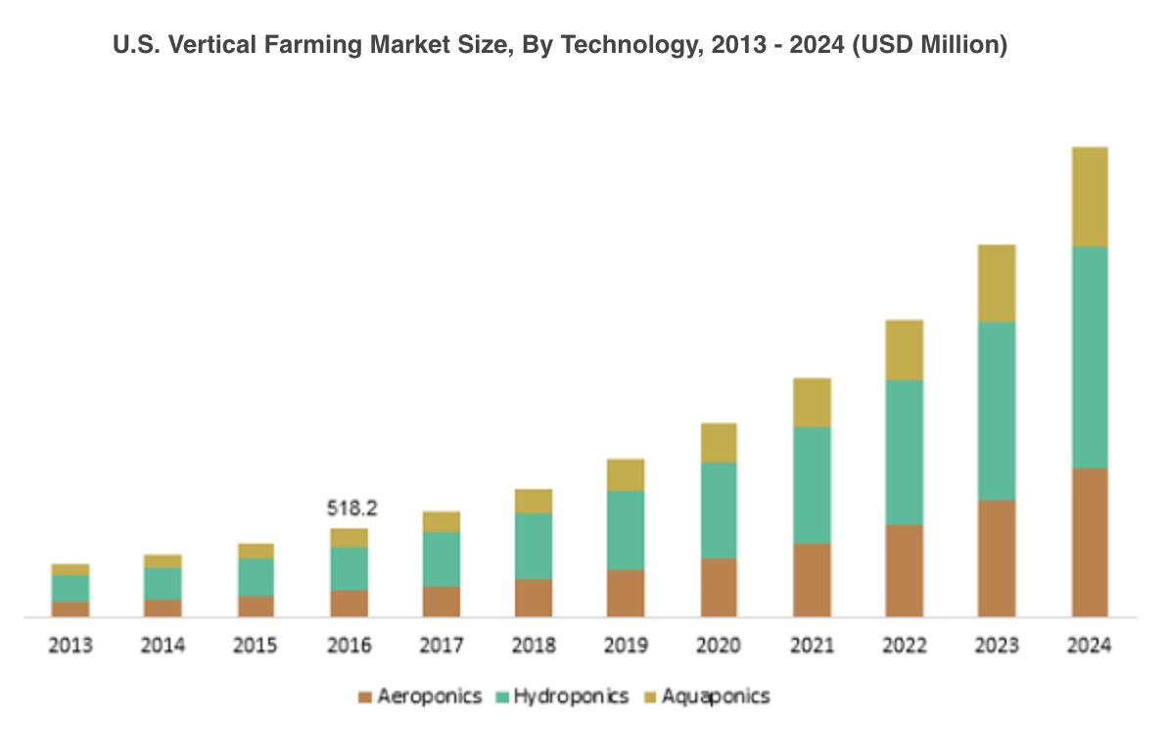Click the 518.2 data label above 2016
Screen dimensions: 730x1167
click(351, 509)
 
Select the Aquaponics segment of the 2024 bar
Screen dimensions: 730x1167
click(1089, 197)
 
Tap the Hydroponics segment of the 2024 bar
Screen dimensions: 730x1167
click(1089, 357)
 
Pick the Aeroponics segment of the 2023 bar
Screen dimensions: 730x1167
click(997, 558)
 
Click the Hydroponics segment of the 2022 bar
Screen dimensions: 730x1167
click(904, 452)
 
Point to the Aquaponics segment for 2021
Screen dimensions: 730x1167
click(812, 402)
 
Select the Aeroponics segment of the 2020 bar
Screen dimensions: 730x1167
click(720, 587)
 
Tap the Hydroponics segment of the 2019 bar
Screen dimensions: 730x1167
click(626, 529)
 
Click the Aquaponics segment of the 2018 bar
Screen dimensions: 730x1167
click(534, 501)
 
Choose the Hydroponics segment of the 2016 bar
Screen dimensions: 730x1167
click(350, 569)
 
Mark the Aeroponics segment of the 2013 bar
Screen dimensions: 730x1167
click(70, 609)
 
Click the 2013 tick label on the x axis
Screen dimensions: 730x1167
click(70, 646)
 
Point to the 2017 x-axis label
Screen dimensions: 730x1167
click(442, 646)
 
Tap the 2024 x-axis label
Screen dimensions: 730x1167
click(1089, 646)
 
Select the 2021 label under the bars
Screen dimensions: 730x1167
click(812, 646)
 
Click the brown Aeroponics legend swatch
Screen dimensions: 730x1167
click(365, 698)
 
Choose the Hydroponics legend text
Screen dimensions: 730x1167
click(571, 697)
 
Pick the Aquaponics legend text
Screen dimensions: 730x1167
click(716, 697)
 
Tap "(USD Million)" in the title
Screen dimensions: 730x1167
click(929, 45)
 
